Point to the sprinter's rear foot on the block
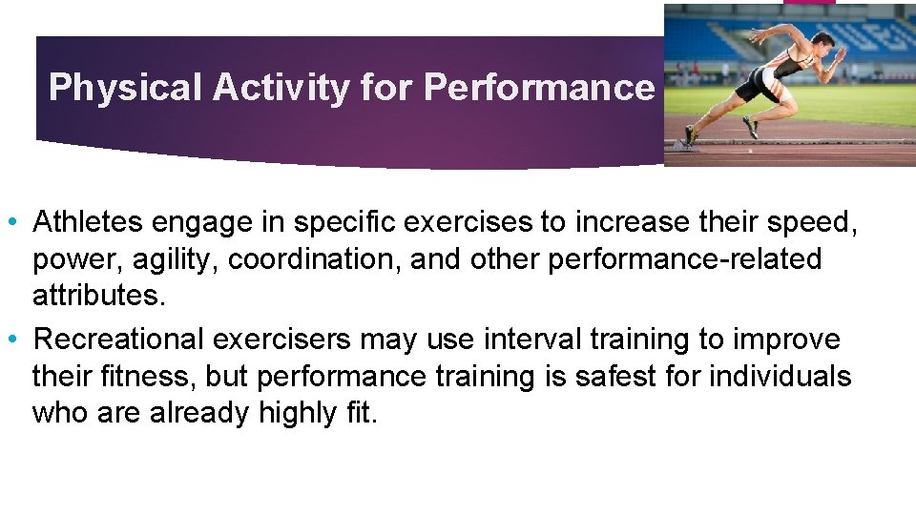687,140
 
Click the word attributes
98,297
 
